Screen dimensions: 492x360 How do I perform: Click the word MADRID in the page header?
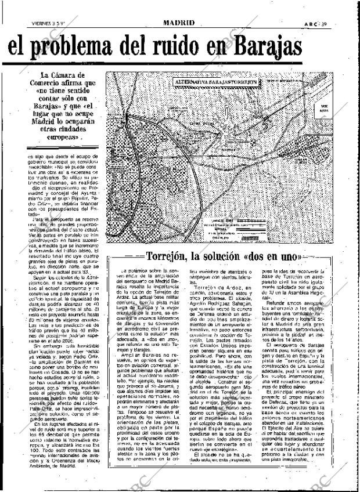(x=179, y=7)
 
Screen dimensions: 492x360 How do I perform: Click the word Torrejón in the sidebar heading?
(x=168, y=256)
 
